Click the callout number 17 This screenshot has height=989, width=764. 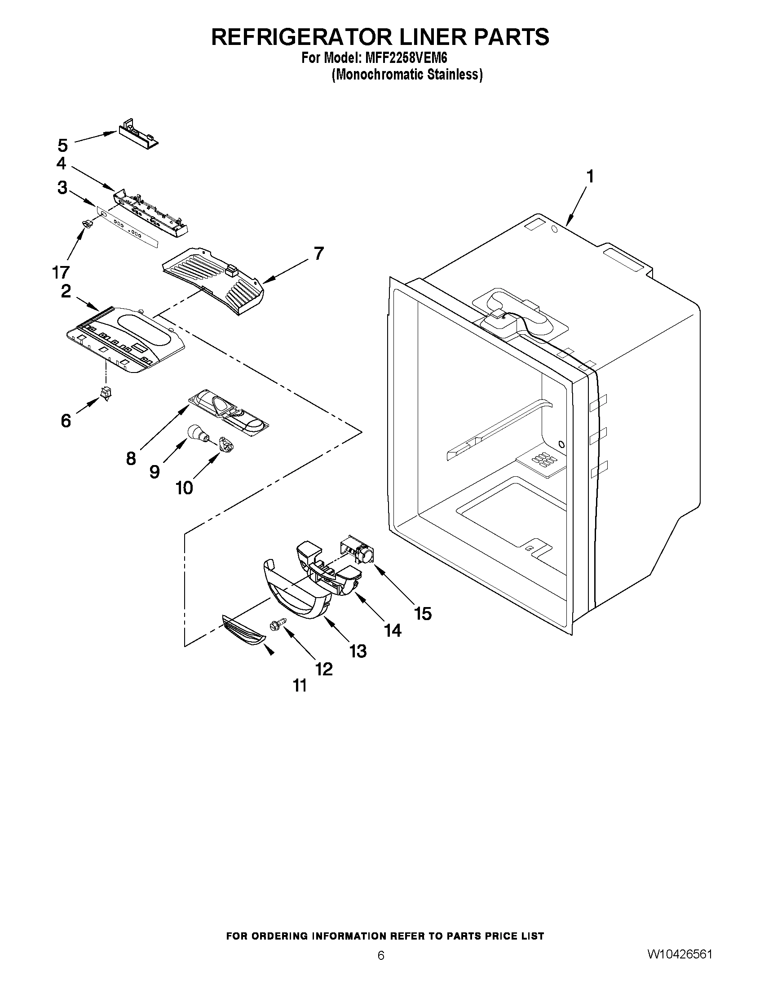(x=61, y=272)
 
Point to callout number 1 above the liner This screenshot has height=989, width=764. (x=589, y=176)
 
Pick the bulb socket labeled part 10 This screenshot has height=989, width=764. (x=225, y=443)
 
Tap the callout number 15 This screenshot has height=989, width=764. (x=422, y=614)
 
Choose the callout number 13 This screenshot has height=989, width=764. (x=358, y=651)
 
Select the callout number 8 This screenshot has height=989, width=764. (x=131, y=459)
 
